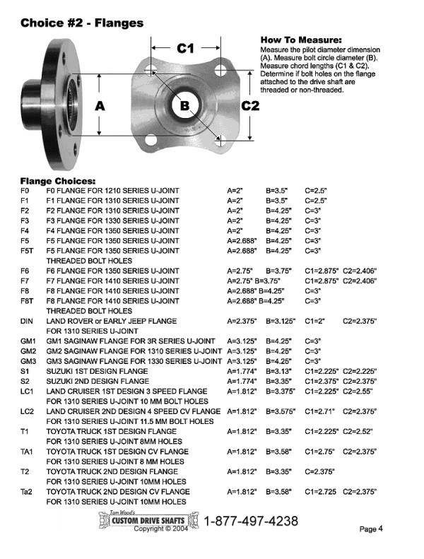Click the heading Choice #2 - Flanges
click(x=82, y=23)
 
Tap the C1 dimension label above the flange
click(x=185, y=48)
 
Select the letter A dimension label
click(x=100, y=106)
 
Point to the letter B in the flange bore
click(x=184, y=105)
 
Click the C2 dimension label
click(x=250, y=106)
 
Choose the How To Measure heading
click(x=301, y=40)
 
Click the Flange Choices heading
click(x=58, y=181)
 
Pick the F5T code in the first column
click(x=27, y=251)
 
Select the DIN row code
click(x=26, y=322)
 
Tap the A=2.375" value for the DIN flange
click(x=242, y=322)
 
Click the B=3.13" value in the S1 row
click(x=278, y=371)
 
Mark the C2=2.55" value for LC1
click(x=358, y=391)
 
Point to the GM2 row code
click(x=28, y=351)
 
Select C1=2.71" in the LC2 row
click(x=319, y=411)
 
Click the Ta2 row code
click(x=26, y=492)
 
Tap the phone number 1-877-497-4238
click(x=251, y=521)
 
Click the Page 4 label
click(x=371, y=529)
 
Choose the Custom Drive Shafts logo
click(x=148, y=519)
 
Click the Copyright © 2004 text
click(x=161, y=529)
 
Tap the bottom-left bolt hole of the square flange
click(x=151, y=139)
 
